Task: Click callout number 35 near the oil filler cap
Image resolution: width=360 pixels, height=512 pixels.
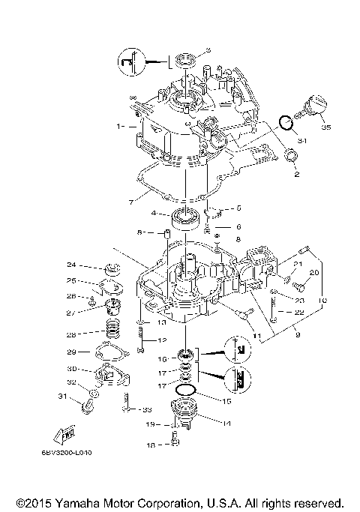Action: click(325, 128)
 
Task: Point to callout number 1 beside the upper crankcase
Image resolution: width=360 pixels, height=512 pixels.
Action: click(119, 127)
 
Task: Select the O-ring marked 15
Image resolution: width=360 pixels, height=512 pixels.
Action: click(187, 391)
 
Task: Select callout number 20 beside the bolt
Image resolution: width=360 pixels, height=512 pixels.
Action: click(314, 272)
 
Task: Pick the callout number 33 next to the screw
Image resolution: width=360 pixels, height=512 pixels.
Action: click(147, 409)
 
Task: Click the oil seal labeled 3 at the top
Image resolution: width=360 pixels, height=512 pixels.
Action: click(184, 58)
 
